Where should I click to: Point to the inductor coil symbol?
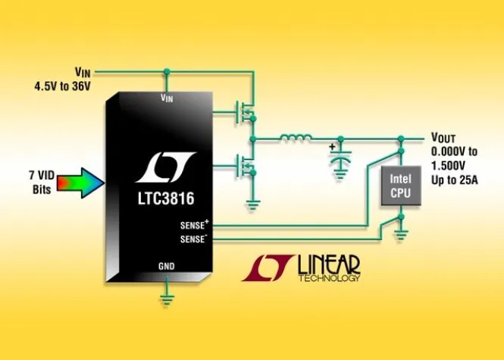296,138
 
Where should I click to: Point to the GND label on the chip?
166,267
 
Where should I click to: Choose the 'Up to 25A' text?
455,180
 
